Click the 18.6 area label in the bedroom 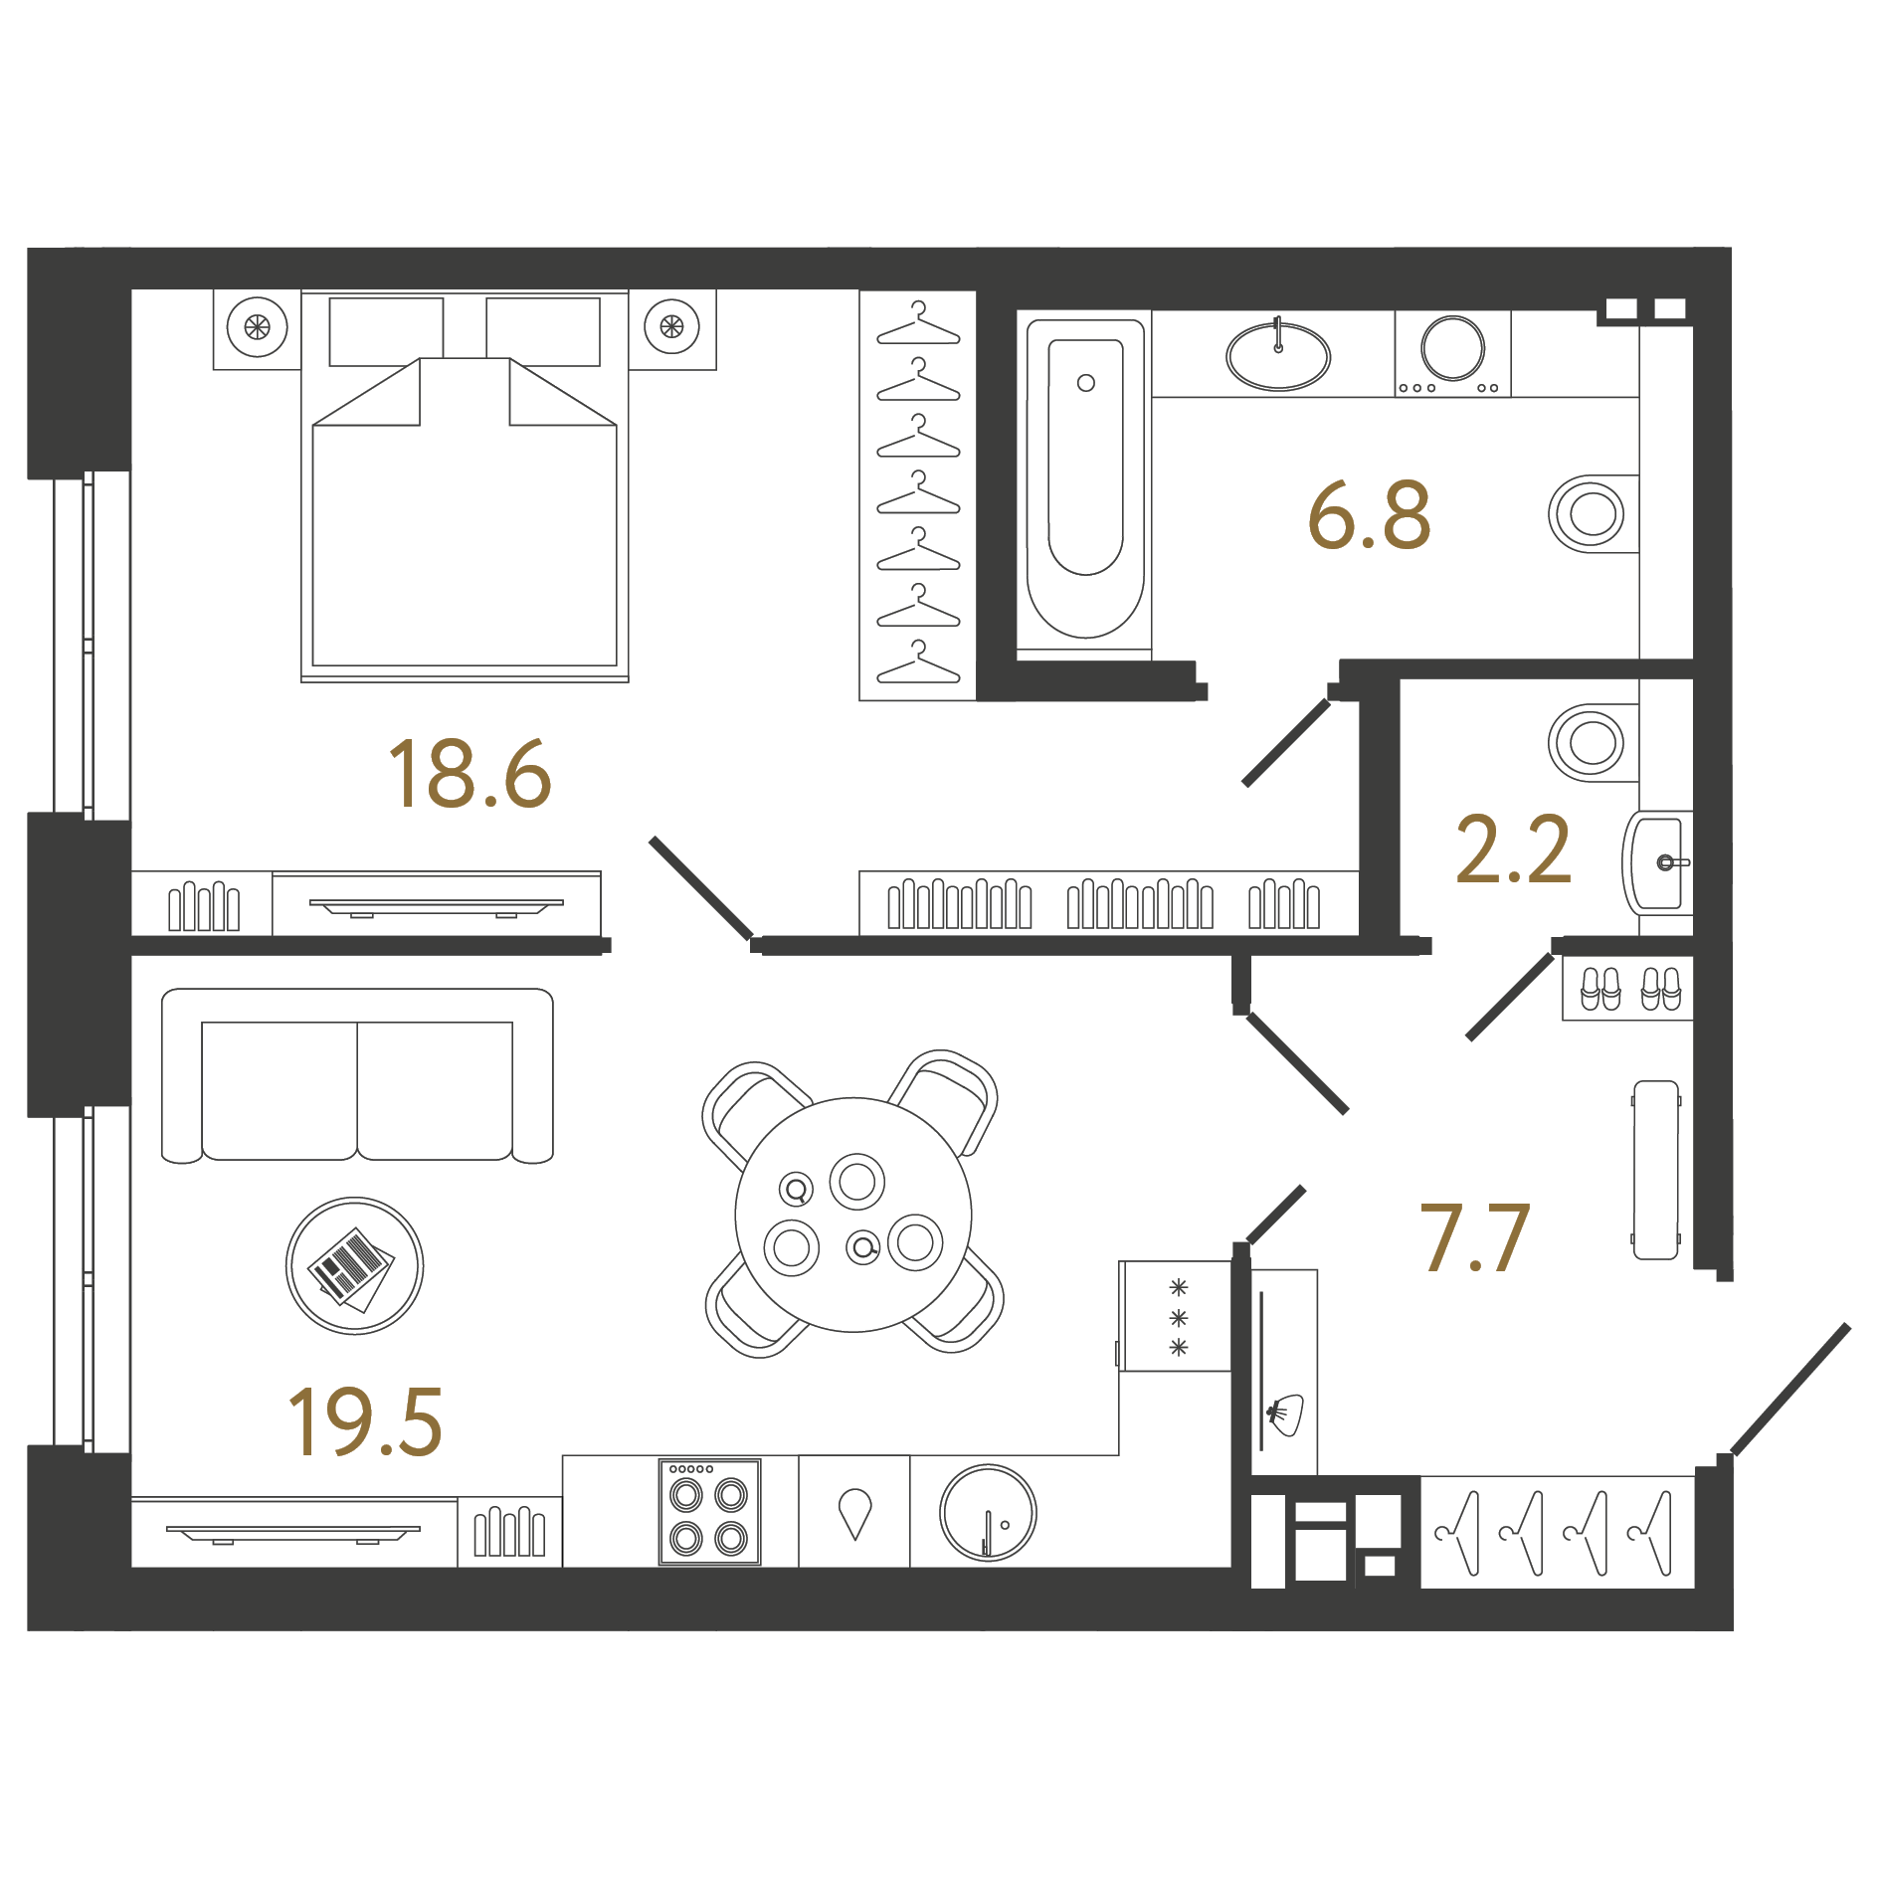click(470, 773)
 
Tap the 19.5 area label click(365, 1421)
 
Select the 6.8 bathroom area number click(1370, 515)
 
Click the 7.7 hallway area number click(1474, 1237)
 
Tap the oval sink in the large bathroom click(1278, 356)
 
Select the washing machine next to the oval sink click(1452, 354)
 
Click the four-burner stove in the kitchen click(709, 1512)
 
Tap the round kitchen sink click(988, 1513)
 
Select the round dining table click(853, 1215)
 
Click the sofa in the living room click(357, 1075)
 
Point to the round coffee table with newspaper click(354, 1266)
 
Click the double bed click(465, 485)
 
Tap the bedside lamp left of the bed click(257, 327)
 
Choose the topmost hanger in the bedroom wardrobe click(918, 324)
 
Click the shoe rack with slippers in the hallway click(1627, 988)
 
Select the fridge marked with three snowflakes click(1176, 1316)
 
